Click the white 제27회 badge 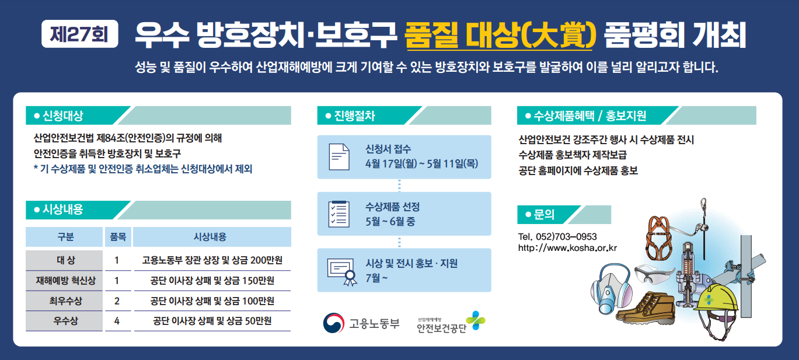[79, 34]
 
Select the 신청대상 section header [158, 116]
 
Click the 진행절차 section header [404, 116]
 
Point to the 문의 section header [564, 215]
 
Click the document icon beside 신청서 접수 [339, 157]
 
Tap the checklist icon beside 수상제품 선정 [339, 214]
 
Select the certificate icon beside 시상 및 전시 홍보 [341, 271]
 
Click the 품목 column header [118, 237]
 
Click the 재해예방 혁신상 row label [65, 281]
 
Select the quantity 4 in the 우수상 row [117, 321]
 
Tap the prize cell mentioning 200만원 [212, 260]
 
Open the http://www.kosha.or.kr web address [567, 248]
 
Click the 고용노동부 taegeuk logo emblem [333, 323]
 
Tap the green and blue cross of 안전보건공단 [476, 320]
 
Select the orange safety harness [659, 237]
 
